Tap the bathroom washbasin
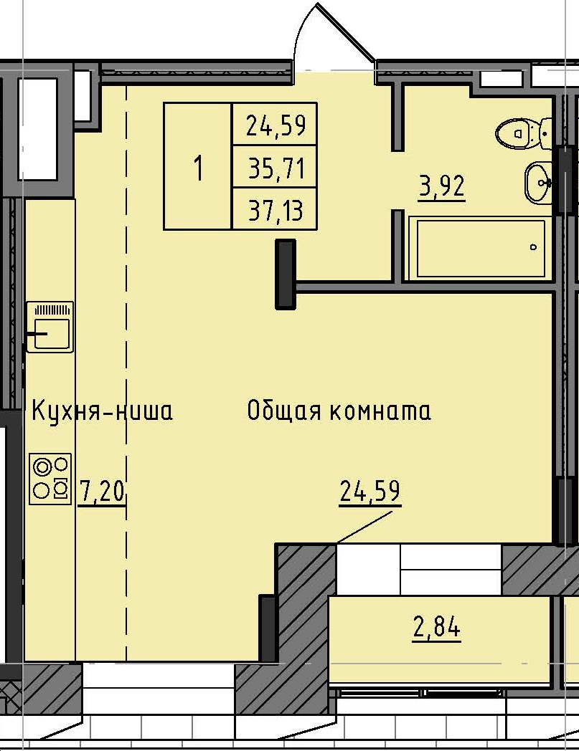pos(537,183)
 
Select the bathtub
pos(477,249)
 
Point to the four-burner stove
pos(51,478)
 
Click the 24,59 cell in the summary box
pos(276,126)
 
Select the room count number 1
pos(198,169)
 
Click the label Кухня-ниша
pos(101,412)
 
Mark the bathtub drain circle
pos(533,247)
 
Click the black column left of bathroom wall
pos(286,274)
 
